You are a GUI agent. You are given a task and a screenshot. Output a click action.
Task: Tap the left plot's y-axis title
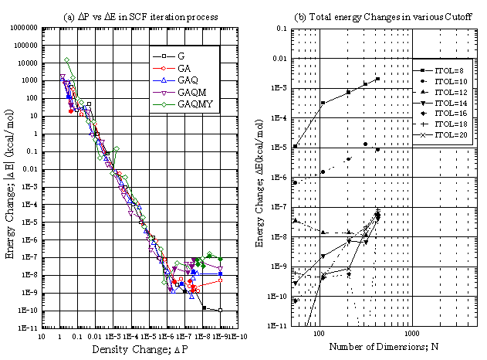[10, 178]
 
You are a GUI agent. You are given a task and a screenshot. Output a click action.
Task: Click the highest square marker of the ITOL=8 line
[377, 79]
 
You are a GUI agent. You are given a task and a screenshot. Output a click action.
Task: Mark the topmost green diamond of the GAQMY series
[67, 59]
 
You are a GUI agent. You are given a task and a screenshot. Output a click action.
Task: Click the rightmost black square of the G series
[221, 311]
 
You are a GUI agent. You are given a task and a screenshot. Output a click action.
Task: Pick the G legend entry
[182, 56]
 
